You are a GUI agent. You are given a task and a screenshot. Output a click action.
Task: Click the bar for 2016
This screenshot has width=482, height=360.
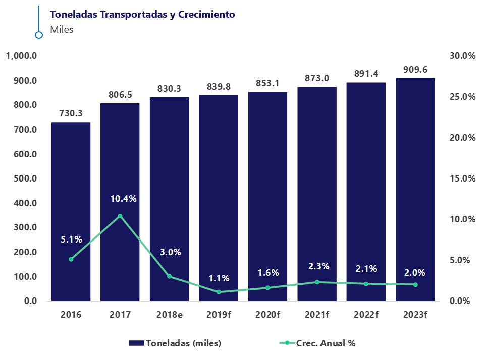click(x=71, y=211)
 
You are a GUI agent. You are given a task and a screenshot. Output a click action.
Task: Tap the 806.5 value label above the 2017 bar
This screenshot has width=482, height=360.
click(x=120, y=95)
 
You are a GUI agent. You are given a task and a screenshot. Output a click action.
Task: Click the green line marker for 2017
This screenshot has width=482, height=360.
click(x=120, y=216)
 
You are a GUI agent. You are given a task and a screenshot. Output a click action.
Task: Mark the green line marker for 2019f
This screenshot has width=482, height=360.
click(x=219, y=292)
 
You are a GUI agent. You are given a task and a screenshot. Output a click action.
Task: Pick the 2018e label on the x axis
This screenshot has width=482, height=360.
click(x=169, y=315)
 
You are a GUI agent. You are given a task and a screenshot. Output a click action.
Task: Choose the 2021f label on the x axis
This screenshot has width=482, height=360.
click(x=317, y=315)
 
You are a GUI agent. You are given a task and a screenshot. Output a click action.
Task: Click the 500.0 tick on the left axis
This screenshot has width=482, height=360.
click(x=24, y=178)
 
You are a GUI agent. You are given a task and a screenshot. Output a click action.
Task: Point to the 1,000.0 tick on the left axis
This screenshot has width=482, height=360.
click(x=22, y=56)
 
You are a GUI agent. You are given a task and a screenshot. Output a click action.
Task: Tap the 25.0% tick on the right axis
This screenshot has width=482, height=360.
click(x=462, y=97)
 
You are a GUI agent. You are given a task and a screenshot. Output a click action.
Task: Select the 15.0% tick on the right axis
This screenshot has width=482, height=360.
click(x=462, y=178)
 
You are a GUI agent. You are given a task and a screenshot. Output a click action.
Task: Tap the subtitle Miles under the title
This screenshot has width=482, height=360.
click(x=62, y=29)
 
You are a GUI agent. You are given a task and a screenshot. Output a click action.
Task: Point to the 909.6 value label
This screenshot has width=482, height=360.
click(x=415, y=69)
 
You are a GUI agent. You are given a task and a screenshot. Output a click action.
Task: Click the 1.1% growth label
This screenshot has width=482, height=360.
click(x=219, y=278)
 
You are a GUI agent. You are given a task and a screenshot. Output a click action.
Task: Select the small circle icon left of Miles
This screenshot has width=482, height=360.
click(x=39, y=35)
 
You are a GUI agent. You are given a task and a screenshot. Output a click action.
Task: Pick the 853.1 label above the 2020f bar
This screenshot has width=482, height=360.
click(x=267, y=83)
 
